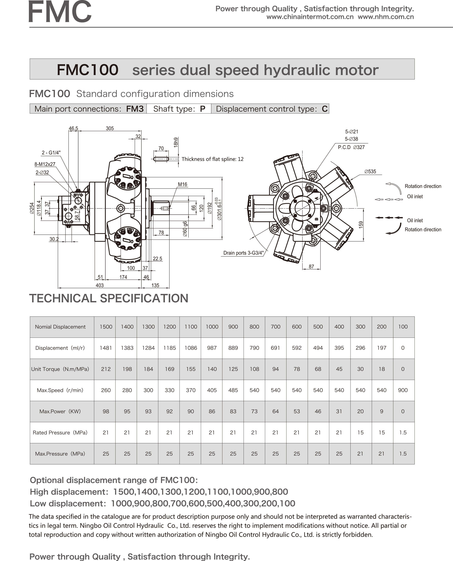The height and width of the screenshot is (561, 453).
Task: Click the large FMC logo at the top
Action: [60, 12]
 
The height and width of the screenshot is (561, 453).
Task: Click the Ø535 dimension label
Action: [370, 171]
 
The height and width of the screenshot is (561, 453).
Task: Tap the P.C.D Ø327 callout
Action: [351, 147]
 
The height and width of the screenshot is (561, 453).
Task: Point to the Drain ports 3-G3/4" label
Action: [243, 253]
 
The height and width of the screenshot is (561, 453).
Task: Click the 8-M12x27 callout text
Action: [45, 164]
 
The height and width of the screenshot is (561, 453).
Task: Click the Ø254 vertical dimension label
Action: [32, 208]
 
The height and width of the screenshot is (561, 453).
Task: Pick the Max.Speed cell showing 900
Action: [403, 390]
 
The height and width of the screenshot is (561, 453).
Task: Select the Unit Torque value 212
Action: [106, 369]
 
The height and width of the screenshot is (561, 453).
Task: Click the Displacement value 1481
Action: [106, 348]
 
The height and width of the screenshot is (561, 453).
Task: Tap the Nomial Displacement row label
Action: [60, 327]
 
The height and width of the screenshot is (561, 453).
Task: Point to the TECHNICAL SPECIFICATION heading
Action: [109, 298]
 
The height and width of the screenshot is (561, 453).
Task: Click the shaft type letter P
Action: [202, 109]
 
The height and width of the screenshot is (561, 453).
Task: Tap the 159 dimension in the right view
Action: [361, 225]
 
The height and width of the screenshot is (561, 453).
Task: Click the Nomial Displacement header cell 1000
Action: [212, 327]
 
